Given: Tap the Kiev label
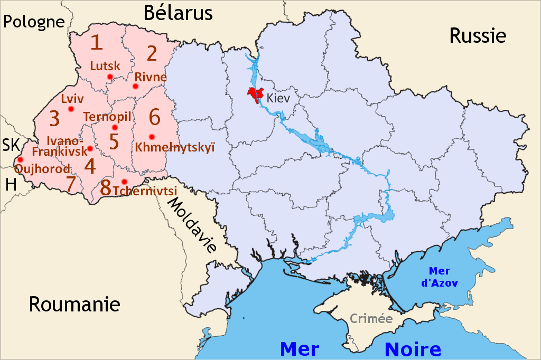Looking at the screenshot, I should [x=278, y=98].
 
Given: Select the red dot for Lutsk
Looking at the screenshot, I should [x=110, y=77].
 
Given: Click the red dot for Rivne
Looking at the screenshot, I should [x=136, y=86].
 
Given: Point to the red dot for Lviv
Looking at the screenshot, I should [x=71, y=109].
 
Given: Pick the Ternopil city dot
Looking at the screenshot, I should [x=115, y=128].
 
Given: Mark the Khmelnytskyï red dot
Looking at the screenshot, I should [x=152, y=137].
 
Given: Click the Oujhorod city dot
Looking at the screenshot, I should [x=20, y=159].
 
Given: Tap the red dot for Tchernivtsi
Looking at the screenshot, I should [x=124, y=182].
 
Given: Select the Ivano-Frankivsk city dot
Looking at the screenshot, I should [x=90, y=148].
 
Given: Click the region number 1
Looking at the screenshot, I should [x=96, y=42].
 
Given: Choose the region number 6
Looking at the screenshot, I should [x=154, y=116].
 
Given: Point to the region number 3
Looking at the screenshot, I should [x=54, y=119].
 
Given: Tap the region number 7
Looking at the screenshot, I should [x=71, y=184].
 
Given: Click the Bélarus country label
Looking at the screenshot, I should [x=178, y=12].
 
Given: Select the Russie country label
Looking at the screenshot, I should [x=478, y=35].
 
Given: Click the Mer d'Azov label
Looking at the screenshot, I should [x=440, y=277].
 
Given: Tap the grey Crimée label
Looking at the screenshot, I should [x=371, y=319].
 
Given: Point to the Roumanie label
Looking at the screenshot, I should [x=74, y=305].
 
